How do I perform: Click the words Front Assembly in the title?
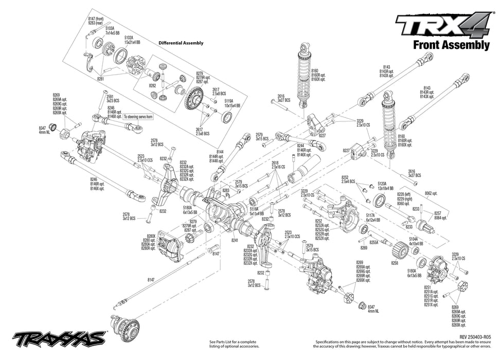451,45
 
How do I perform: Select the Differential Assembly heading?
181,43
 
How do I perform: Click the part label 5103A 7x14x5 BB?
112,30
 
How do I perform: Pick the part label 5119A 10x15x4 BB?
232,103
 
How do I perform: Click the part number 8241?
235,240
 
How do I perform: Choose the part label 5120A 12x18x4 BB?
385,185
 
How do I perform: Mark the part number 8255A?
374,242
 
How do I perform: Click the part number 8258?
394,263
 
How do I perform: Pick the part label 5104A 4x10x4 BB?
416,241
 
